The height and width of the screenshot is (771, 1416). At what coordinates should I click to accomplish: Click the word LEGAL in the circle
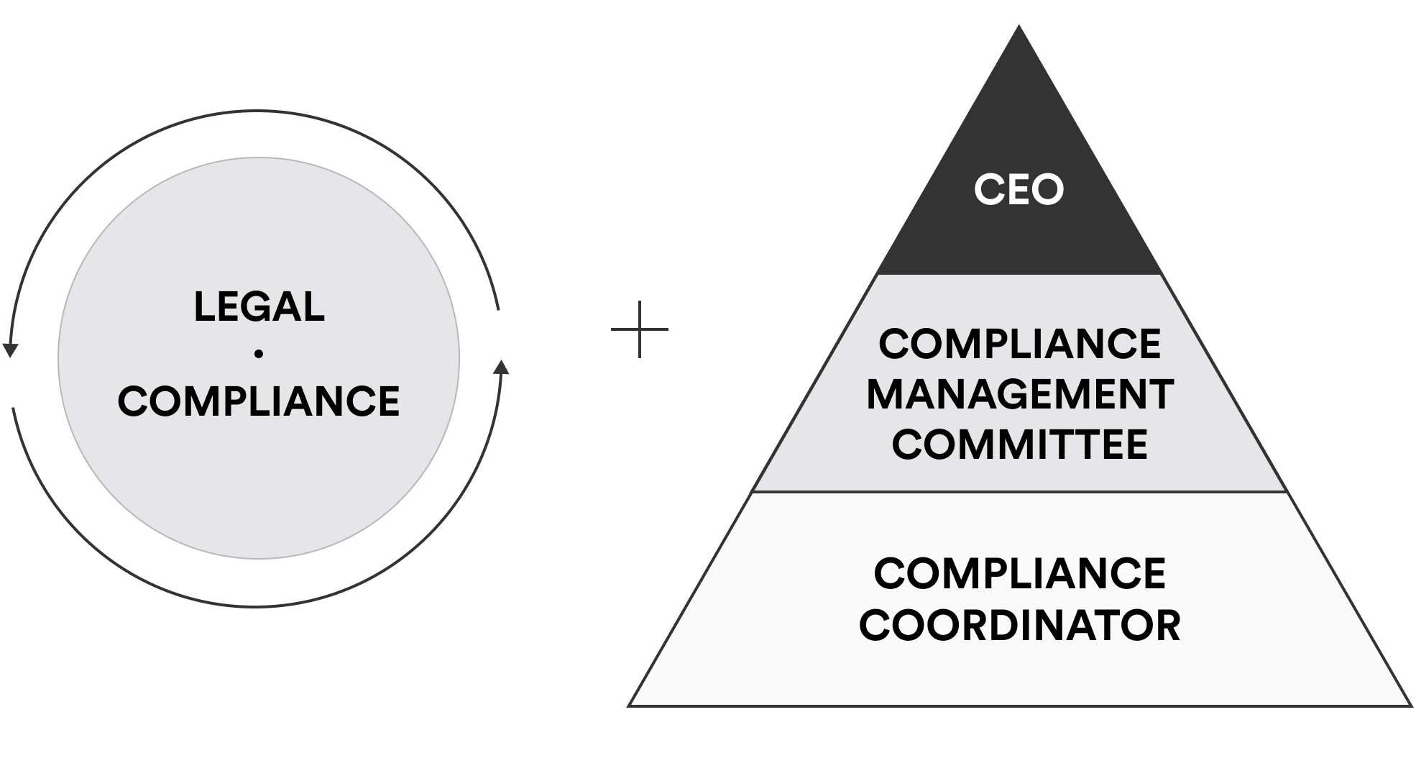point(259,306)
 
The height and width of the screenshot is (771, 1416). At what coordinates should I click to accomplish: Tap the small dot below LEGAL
point(259,353)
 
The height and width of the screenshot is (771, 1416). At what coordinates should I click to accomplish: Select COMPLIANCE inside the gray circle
point(259,401)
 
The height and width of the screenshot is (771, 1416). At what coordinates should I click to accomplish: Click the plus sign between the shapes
point(639,329)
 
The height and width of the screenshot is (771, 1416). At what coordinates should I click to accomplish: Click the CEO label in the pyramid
point(1019,190)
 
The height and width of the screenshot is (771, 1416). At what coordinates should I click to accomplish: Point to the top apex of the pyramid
point(1019,26)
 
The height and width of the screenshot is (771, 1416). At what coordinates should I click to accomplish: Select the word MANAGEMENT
point(1020,394)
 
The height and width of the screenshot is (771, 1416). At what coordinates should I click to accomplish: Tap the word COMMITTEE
point(1020,444)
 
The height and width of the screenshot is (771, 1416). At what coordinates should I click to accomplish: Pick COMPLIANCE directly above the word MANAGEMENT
point(1020,344)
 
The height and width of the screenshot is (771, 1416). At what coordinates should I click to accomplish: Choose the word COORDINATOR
point(1020,624)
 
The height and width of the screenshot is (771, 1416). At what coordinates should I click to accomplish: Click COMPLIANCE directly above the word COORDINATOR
point(1020,573)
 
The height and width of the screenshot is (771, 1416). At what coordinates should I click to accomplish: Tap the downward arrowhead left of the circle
point(10,350)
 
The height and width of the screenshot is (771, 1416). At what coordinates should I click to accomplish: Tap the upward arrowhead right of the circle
point(501,367)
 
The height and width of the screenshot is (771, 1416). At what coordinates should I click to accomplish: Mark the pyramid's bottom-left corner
point(628,706)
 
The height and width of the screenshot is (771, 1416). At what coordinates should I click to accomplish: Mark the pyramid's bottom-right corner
point(1412,706)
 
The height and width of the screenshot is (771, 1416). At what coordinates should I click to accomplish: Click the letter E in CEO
point(1019,190)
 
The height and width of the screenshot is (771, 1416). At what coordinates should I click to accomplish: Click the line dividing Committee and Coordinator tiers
point(1019,492)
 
